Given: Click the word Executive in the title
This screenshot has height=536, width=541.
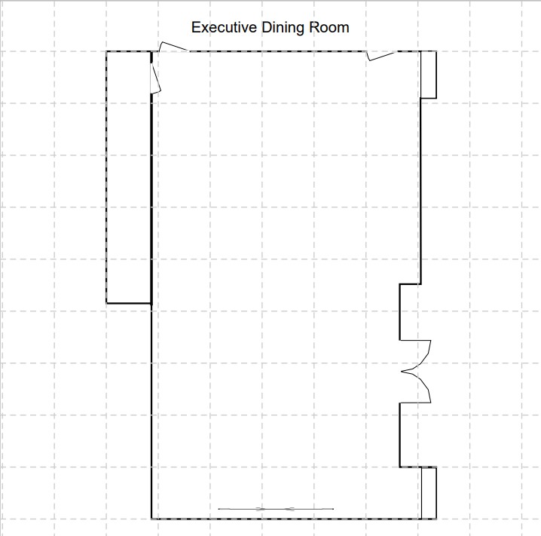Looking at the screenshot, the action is (x=224, y=27).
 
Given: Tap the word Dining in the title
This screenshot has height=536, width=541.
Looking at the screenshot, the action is (x=283, y=28).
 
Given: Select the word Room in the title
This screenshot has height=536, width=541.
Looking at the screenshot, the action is (x=329, y=27).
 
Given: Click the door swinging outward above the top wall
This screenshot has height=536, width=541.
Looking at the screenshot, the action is (x=173, y=46).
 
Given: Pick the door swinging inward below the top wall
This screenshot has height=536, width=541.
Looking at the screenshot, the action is (x=381, y=56).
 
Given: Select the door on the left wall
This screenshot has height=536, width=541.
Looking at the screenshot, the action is (x=156, y=78).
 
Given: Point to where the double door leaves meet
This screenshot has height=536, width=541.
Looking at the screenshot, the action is (x=402, y=372).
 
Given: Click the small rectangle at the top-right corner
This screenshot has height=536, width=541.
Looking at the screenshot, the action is (x=429, y=75).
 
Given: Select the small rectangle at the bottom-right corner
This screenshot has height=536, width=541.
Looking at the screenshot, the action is (x=429, y=493).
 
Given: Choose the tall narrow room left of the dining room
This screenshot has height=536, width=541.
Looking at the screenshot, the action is (x=129, y=177).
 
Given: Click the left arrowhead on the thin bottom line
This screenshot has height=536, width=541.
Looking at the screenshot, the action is (x=261, y=509).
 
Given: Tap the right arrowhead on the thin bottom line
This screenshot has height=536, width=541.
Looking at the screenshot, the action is (x=289, y=509).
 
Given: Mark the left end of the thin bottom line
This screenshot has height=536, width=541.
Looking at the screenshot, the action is (x=219, y=509).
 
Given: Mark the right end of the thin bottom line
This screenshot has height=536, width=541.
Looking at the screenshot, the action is (x=334, y=509).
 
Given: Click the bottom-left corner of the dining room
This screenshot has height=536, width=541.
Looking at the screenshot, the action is (x=151, y=519).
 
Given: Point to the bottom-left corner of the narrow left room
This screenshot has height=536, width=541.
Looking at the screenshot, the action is (x=106, y=304).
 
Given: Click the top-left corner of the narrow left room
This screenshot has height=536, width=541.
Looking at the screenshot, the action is (x=106, y=51).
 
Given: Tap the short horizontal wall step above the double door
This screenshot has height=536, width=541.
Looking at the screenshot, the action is (x=410, y=284).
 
